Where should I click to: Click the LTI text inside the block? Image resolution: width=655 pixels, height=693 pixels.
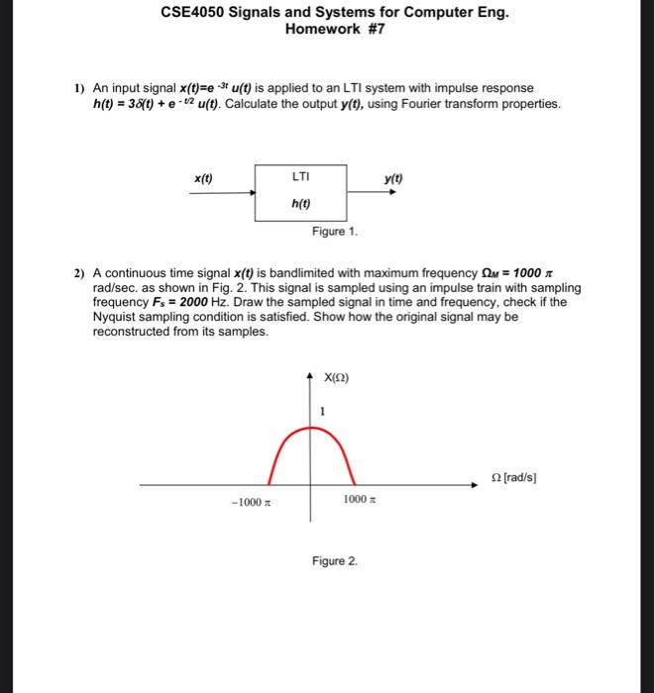301,176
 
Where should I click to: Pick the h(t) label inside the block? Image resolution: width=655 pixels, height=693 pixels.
301,204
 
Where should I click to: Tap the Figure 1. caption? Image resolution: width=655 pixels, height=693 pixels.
334,232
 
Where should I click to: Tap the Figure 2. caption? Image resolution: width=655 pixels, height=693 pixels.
334,561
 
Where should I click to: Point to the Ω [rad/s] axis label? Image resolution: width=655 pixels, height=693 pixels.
514,476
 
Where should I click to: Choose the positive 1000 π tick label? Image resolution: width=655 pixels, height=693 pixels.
360,500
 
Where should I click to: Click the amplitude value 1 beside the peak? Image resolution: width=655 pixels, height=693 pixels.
323,411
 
